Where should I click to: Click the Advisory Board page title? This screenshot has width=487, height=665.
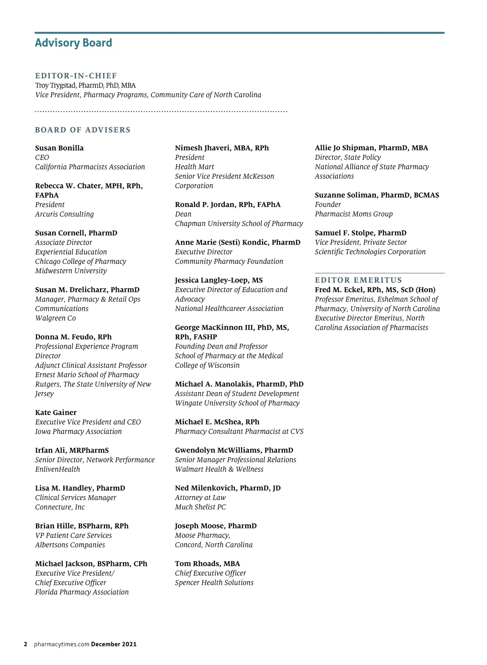pos(73,43)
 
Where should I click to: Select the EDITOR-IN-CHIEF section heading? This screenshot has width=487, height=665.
pos(76,76)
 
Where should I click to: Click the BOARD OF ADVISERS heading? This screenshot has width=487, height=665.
pos(83,130)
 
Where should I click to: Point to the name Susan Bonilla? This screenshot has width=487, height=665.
pos(59,148)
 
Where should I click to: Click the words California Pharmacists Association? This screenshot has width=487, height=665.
pos(90,167)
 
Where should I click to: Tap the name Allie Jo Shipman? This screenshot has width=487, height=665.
pos(345,148)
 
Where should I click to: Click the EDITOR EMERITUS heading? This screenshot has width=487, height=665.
pos(358,280)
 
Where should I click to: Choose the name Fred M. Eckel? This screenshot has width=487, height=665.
pos(341,290)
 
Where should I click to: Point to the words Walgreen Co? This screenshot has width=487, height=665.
pos(56,318)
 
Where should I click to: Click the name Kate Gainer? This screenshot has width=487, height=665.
pos(56,412)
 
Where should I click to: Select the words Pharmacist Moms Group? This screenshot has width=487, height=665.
pos(353,214)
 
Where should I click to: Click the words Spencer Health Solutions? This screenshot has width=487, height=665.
pos(214,583)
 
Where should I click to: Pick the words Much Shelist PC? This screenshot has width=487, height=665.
pos(200,507)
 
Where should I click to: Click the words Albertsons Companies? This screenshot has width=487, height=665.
pos(70,545)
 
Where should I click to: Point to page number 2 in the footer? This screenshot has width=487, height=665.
pos(26,644)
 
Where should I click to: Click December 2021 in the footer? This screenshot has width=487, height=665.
pos(114,644)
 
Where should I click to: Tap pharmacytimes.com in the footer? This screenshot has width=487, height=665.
pos(61,644)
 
